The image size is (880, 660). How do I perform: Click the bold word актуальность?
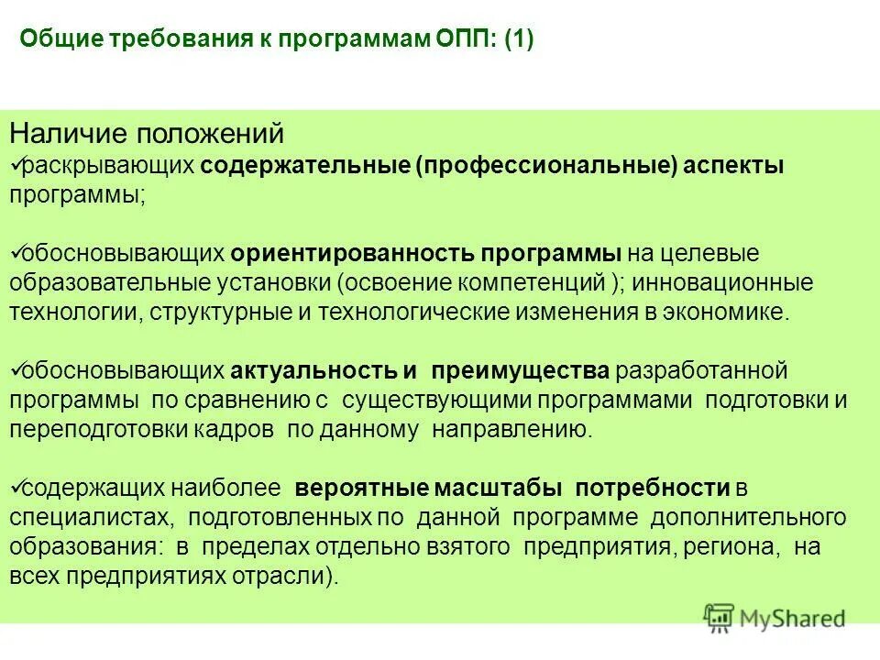(x=313, y=370)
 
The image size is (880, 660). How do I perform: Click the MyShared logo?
(x=775, y=617)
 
